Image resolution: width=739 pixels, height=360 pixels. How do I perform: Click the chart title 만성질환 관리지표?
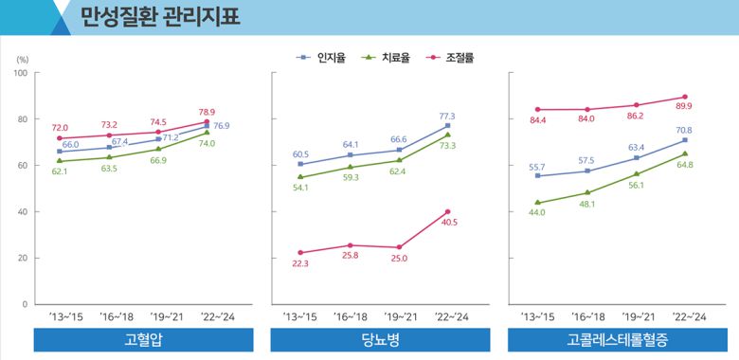point(160,16)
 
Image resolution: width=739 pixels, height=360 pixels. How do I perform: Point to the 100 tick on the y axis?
point(20,73)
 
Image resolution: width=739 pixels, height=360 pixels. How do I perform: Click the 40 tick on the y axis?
point(22,212)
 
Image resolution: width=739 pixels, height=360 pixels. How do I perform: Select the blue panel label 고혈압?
point(143,340)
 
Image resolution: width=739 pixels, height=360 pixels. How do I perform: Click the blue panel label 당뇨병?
point(380,340)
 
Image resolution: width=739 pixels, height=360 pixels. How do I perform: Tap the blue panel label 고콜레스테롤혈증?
point(618,340)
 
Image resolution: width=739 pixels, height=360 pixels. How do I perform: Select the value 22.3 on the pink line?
point(300,264)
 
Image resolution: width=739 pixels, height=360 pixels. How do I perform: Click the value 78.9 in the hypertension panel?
point(207,112)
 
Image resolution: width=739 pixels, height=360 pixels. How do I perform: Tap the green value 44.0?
point(536,213)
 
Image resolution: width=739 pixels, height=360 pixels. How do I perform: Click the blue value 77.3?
point(446,116)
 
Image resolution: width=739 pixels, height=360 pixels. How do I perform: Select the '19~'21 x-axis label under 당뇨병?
point(398,317)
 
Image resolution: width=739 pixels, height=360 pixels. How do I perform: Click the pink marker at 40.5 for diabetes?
point(447,211)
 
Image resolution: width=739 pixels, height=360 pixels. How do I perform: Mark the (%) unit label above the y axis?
point(22,59)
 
